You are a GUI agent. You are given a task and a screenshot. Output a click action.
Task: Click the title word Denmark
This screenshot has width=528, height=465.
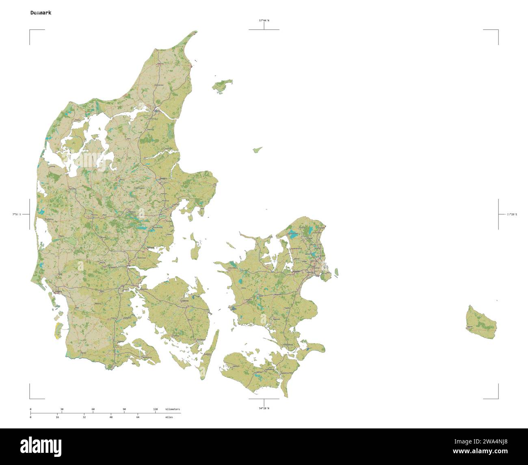[41, 13]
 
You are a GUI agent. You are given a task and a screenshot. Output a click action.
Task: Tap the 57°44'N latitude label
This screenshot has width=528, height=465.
[264, 20]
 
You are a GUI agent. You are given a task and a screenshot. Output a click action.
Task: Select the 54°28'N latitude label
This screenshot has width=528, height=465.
[264, 408]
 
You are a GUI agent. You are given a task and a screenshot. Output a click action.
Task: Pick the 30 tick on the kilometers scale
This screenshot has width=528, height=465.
[62, 409]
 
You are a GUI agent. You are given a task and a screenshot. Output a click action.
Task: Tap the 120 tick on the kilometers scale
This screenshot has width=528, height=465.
[155, 409]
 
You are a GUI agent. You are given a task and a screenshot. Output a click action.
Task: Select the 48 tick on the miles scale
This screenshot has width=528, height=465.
[111, 417]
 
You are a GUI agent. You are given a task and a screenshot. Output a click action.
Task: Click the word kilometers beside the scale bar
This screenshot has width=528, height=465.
[172, 409]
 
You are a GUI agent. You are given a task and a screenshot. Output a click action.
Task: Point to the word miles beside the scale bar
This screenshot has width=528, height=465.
[169, 417]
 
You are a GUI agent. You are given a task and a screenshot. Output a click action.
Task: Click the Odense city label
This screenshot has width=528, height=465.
[185, 301]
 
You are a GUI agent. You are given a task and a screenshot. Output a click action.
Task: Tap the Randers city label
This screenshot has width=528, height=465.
[163, 178]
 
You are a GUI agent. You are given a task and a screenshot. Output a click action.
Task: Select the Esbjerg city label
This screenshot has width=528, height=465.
[58, 291]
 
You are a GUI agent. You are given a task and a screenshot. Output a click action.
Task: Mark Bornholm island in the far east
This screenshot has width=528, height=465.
[481, 322]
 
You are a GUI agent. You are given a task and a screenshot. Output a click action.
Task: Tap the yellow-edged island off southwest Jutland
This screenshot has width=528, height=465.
[57, 330]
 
